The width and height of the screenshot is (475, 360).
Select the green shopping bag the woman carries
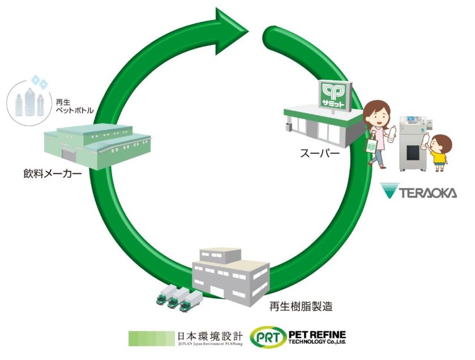click(x=371, y=146)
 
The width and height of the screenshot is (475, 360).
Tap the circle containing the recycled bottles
click(x=29, y=101)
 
